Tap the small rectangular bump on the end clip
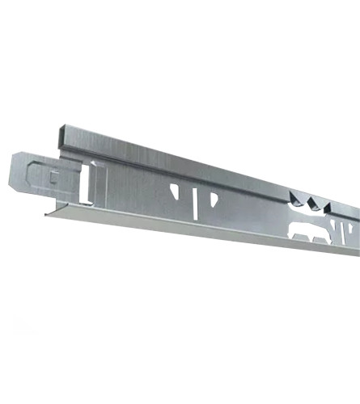point(53,176)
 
